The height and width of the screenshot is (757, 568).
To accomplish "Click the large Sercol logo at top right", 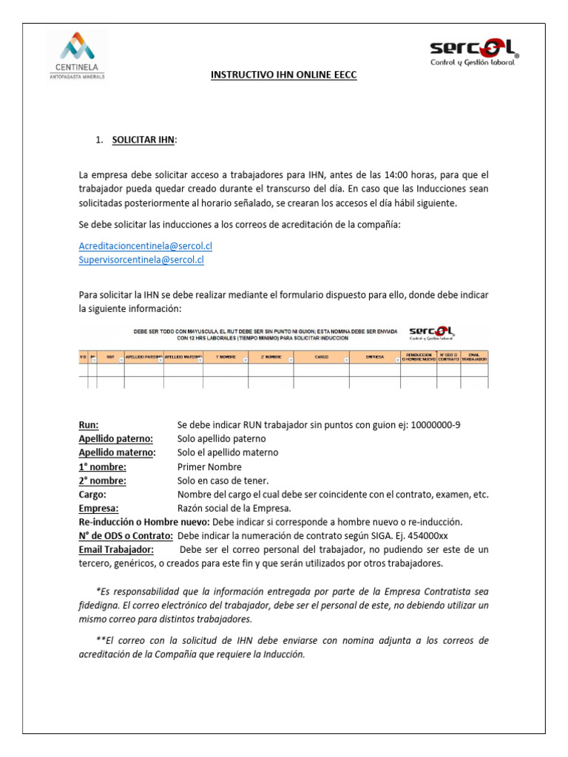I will coord(474,52).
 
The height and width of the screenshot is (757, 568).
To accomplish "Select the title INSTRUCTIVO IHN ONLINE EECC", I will coord(284,75).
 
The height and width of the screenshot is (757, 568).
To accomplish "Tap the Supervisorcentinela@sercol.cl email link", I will coord(141,259).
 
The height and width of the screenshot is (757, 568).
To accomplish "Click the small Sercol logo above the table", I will coord(432,333).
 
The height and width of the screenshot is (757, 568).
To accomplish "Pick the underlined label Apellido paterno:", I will coord(115,438).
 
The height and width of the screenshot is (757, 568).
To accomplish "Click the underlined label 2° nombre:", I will coord(102,481).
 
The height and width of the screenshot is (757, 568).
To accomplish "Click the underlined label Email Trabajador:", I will coord(116,550).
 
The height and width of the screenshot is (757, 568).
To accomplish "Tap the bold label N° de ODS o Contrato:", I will coord(126,536).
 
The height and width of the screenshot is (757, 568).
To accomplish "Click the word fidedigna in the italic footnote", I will coord(101,605).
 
